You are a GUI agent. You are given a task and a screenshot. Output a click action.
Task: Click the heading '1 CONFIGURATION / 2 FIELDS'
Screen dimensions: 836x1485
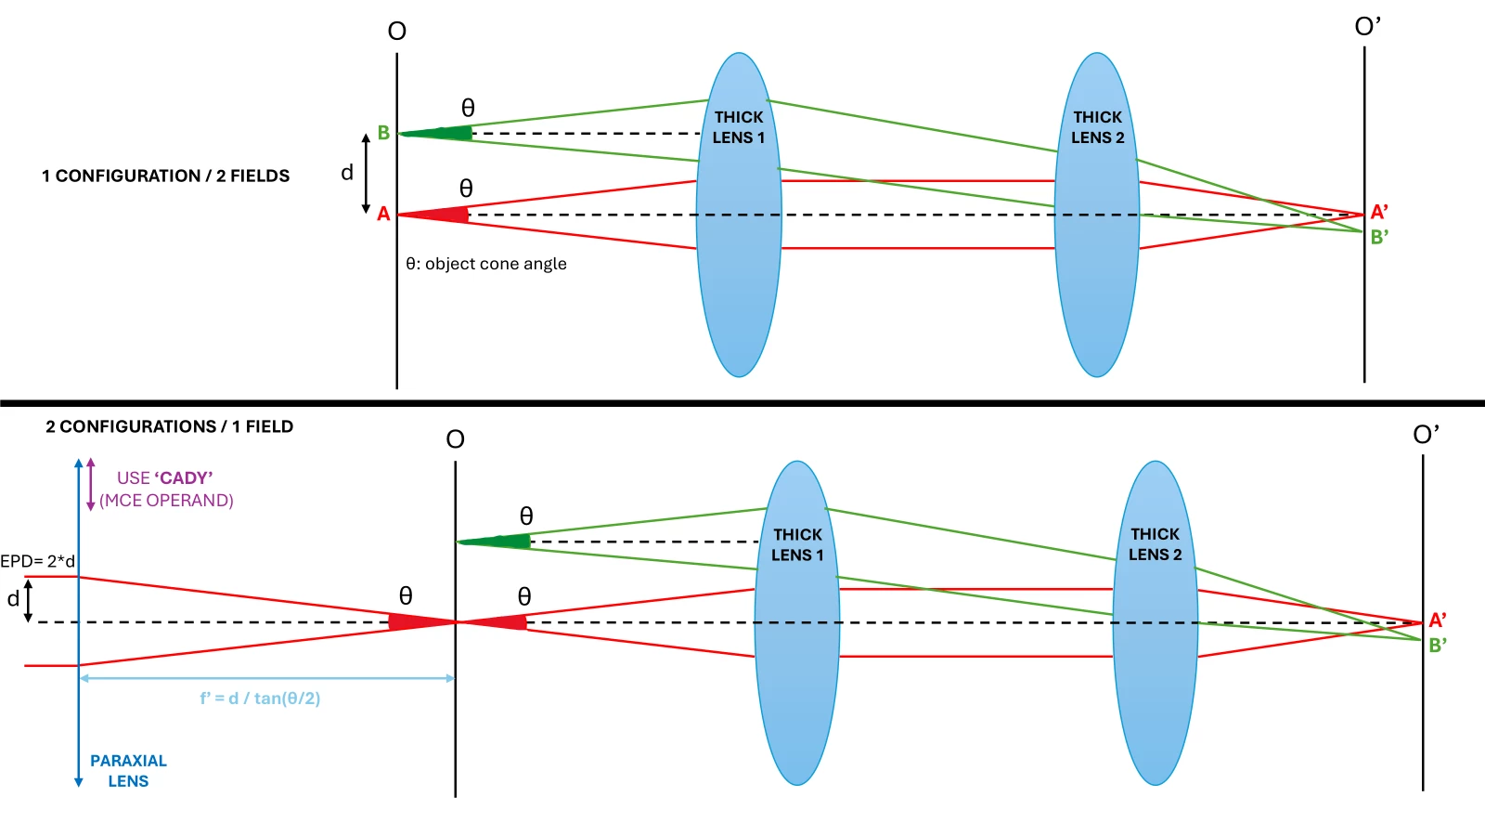[x=165, y=176]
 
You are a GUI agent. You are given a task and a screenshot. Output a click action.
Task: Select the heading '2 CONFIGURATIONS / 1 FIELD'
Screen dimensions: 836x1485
[x=169, y=426]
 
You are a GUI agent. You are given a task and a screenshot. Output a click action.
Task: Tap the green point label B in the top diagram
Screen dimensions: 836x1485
[x=383, y=133]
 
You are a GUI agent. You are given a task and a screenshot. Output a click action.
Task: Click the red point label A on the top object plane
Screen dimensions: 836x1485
[x=383, y=214]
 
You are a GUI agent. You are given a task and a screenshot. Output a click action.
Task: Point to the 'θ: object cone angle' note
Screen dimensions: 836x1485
[x=485, y=264]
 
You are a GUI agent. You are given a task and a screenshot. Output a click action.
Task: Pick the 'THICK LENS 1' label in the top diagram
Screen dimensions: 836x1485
[x=739, y=127]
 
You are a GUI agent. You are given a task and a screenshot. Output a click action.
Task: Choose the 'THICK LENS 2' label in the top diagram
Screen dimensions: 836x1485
[x=1098, y=127]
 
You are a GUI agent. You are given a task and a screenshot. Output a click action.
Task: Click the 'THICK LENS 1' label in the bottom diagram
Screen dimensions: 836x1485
[x=797, y=544]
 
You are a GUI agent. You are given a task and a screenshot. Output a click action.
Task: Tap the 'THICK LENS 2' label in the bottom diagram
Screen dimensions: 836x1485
[x=1156, y=544]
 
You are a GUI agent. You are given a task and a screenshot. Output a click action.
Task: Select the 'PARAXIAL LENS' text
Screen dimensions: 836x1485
[x=128, y=771]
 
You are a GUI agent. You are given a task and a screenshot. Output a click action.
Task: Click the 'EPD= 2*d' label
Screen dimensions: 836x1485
[x=37, y=561]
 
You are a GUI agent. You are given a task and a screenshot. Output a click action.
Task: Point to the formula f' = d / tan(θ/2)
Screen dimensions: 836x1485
[x=260, y=699]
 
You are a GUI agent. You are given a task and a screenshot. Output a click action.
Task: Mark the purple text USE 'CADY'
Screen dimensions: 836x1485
[x=164, y=477]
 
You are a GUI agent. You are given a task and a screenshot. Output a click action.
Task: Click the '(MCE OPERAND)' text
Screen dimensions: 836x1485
[x=166, y=501]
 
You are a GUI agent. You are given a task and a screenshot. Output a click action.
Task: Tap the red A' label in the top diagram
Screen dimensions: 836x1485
[x=1379, y=212]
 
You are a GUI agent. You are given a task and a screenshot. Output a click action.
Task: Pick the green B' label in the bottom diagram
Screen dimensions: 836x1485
[x=1438, y=646]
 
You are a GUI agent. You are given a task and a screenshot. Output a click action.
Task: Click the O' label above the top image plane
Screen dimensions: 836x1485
[x=1367, y=26]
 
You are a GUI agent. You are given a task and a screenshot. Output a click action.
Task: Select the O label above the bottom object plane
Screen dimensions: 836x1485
[x=455, y=439]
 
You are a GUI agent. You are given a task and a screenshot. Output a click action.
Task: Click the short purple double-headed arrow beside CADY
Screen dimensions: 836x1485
[x=91, y=484]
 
